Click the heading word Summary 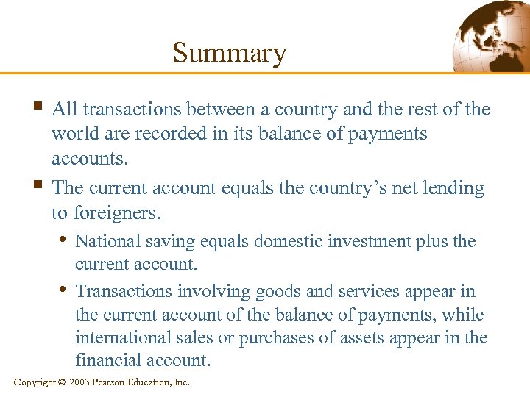click(x=229, y=53)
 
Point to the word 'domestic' click(x=269, y=241)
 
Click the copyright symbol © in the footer click(x=63, y=382)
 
